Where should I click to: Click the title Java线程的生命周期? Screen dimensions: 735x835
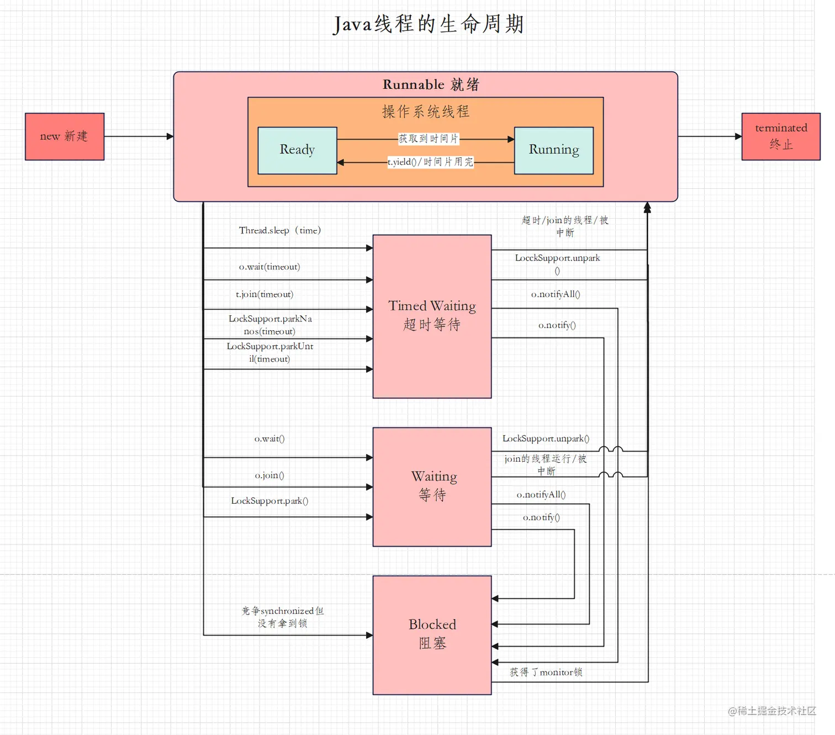coord(429,24)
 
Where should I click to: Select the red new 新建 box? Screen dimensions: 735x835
coord(65,136)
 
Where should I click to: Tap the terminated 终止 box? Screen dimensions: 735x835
coord(780,136)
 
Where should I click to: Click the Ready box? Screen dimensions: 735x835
coord(297,150)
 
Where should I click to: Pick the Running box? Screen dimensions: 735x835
coord(553,150)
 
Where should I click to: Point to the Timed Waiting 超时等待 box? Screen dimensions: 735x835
coord(432,316)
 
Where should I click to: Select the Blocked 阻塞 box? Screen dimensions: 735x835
coord(432,634)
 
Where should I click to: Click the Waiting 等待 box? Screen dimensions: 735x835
coord(432,487)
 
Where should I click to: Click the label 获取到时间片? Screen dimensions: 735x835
coord(429,139)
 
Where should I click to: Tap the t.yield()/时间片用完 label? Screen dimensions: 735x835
coord(430,162)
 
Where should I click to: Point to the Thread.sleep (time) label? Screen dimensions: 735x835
coord(279,230)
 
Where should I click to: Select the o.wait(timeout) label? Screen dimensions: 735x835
coord(269,267)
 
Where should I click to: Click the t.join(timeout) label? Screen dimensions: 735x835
coord(265,294)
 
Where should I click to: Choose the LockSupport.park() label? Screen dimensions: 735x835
coord(269,501)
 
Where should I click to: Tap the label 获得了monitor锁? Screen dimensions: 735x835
coord(546,672)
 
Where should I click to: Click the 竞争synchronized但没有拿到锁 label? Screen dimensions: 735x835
coord(282,617)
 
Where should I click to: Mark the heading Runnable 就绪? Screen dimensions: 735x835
coord(431,84)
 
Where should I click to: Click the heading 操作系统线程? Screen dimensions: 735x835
coord(425,112)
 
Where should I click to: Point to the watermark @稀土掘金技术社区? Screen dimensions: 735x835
coord(771,711)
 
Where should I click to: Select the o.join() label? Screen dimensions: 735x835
coord(269,475)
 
